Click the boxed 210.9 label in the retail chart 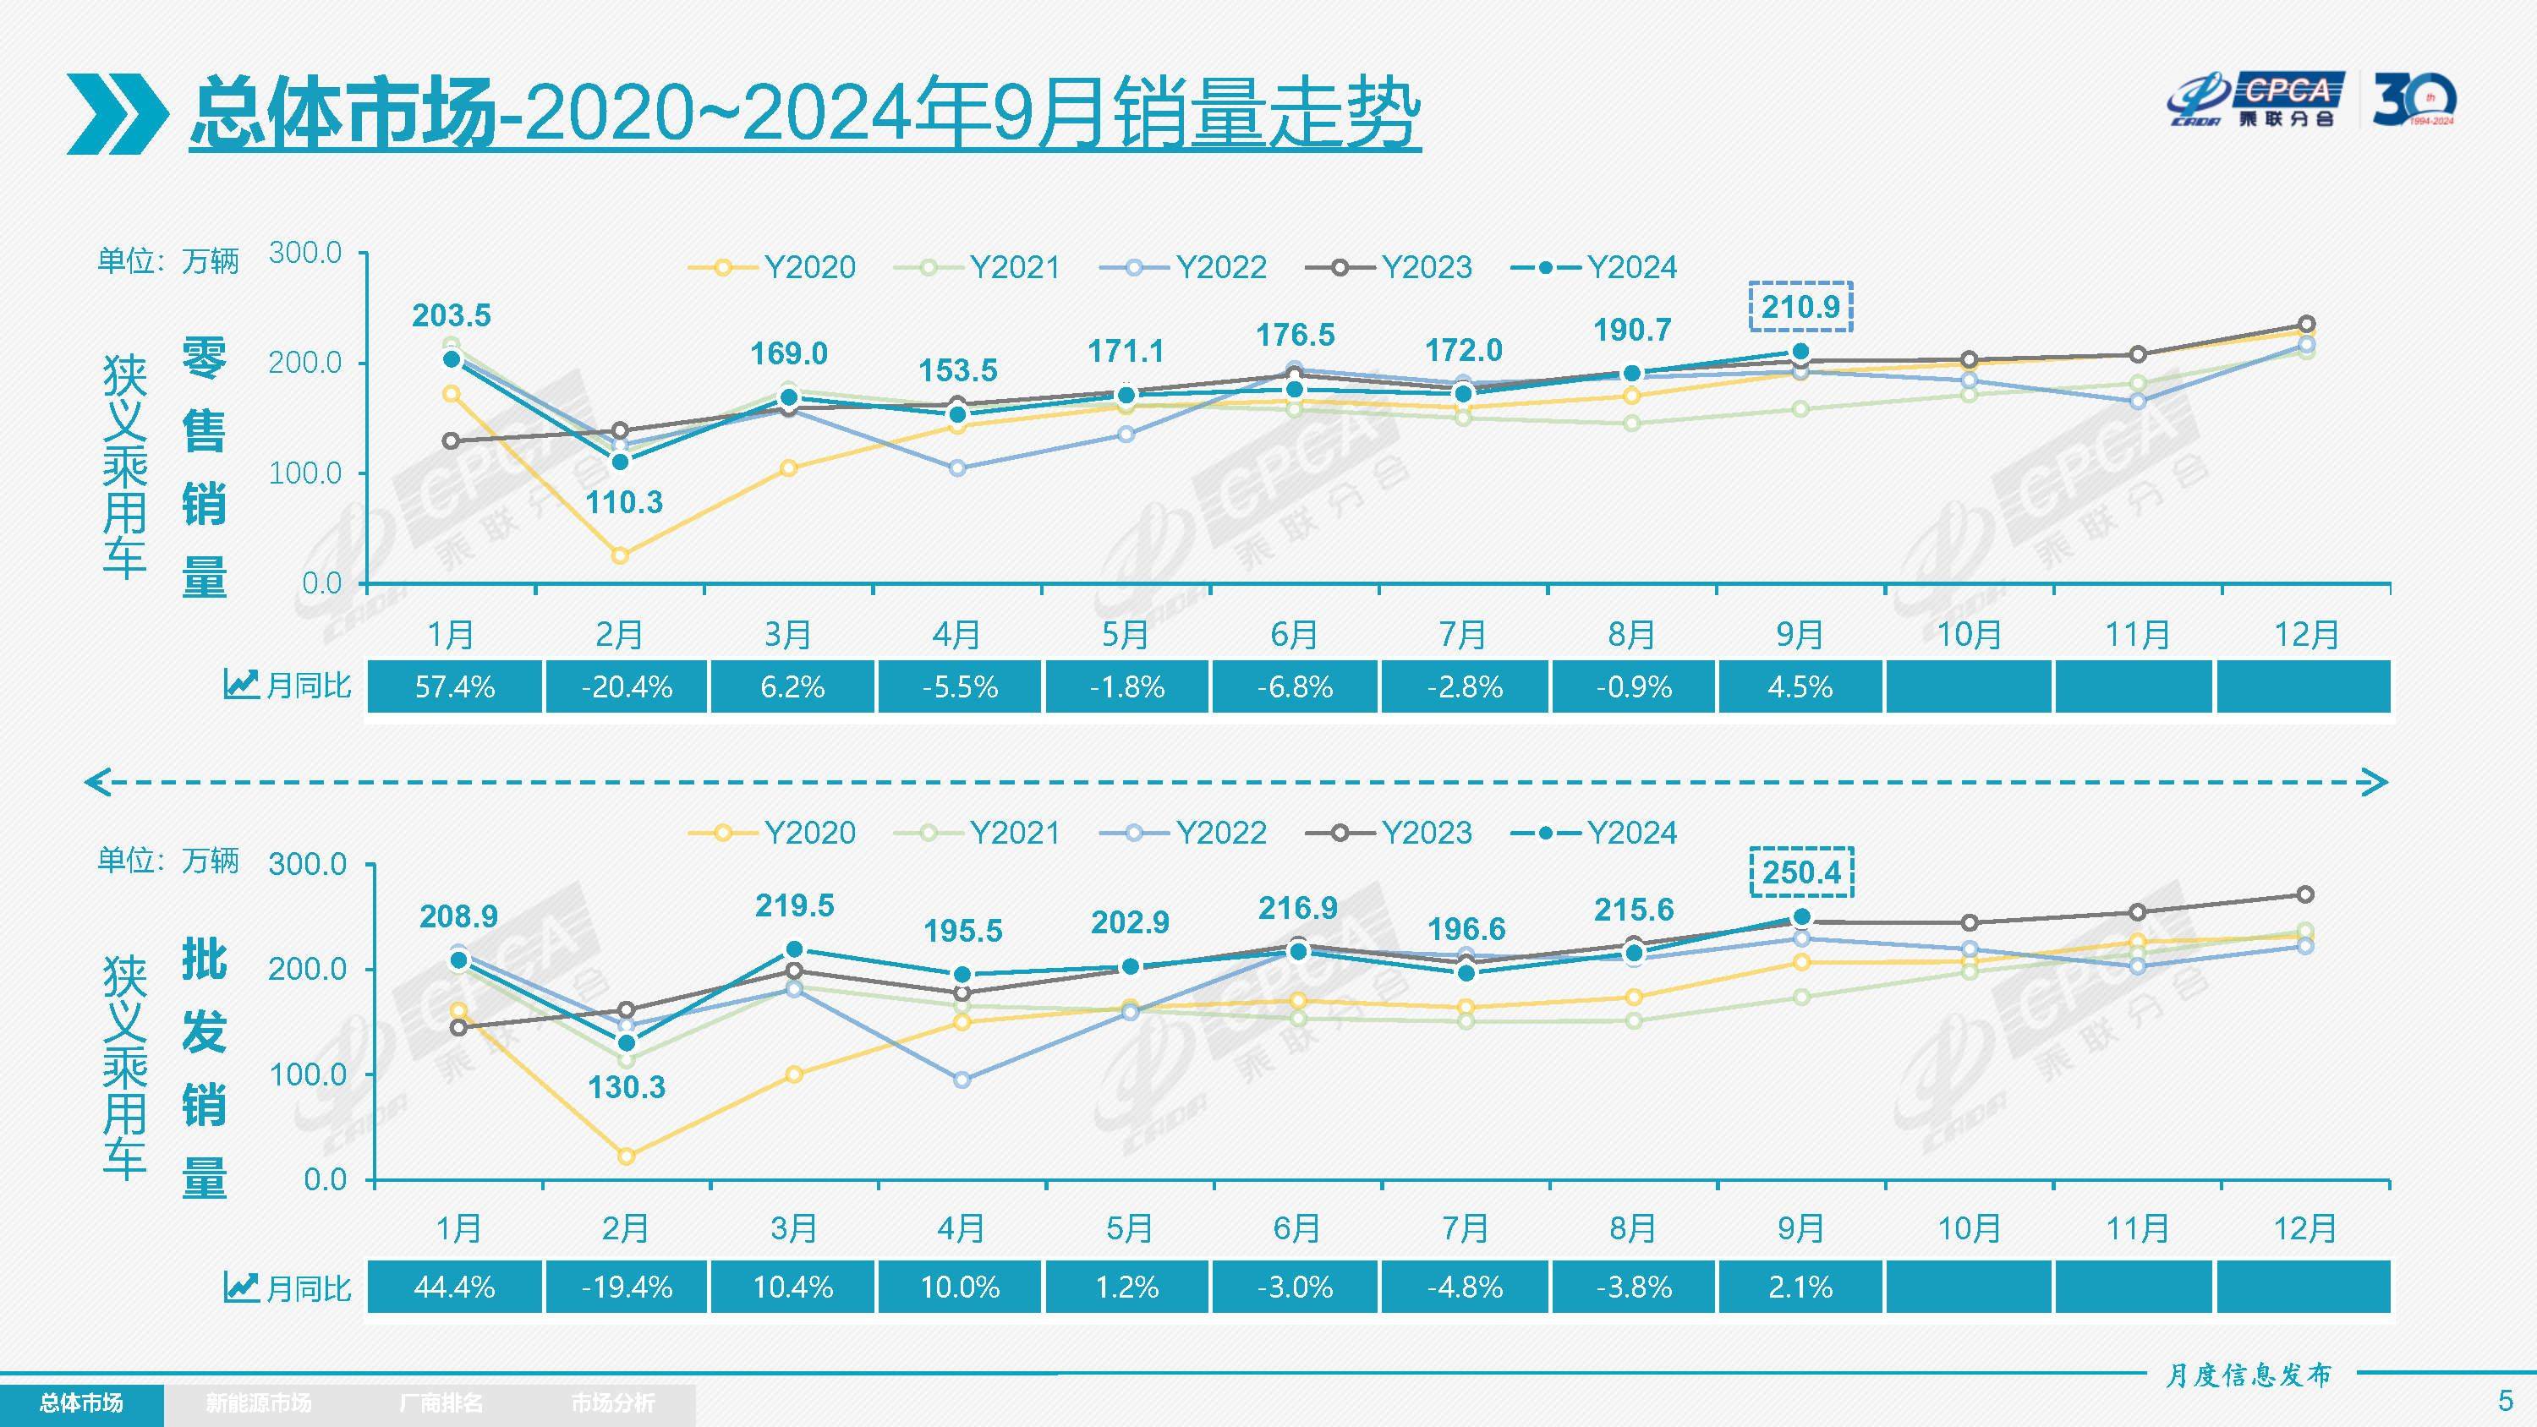(x=1800, y=307)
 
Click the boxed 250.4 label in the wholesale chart (x=1801, y=872)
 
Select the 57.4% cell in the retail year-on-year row (x=454, y=686)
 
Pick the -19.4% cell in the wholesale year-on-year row (x=627, y=1288)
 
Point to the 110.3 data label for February (x=623, y=502)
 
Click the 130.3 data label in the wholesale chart (x=626, y=1087)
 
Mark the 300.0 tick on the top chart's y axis (x=305, y=253)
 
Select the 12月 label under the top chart (x=2305, y=635)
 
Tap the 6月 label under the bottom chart (x=1296, y=1229)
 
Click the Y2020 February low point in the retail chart (x=620, y=555)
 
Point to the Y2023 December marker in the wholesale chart (x=2305, y=894)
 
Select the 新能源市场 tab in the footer (x=258, y=1402)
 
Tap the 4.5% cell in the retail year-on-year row (x=1800, y=686)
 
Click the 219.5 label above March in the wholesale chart (x=794, y=905)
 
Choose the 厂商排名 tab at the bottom (x=441, y=1402)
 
